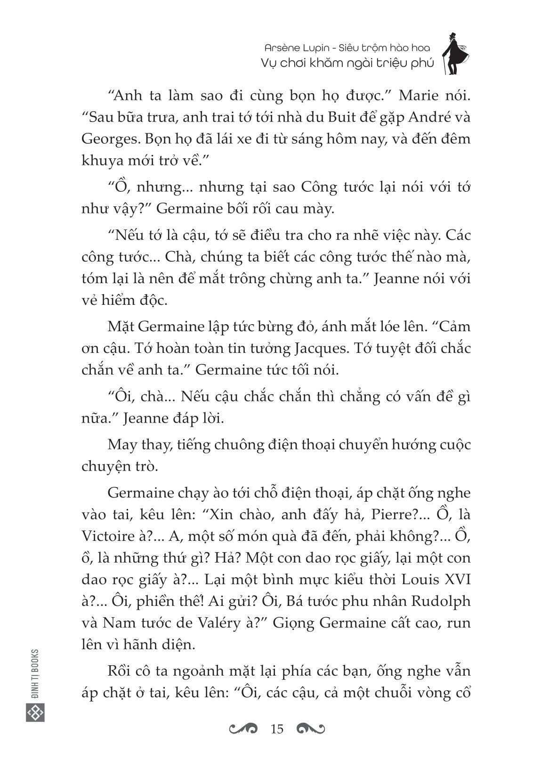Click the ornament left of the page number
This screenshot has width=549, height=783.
243,729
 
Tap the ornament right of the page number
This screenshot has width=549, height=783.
311,729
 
